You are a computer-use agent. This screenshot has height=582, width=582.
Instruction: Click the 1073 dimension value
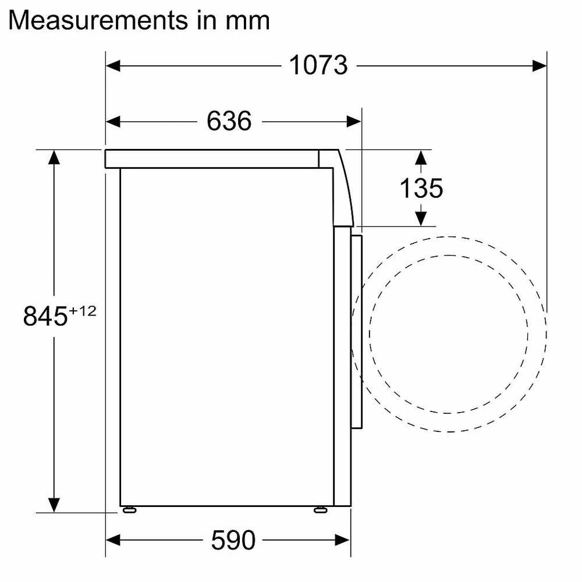tap(318, 65)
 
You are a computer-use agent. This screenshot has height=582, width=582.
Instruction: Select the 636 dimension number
tap(229, 121)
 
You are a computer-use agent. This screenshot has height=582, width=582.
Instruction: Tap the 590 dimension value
tap(233, 540)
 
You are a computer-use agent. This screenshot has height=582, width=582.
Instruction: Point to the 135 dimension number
tap(421, 188)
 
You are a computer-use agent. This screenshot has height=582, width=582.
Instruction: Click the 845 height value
tap(45, 316)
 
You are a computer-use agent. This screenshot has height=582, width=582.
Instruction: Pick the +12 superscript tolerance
tap(83, 311)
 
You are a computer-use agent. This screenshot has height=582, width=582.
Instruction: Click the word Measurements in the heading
tap(98, 20)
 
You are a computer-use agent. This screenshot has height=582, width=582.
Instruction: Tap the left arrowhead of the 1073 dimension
tap(113, 66)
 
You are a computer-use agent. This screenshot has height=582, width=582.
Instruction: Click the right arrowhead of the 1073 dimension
tap(540, 66)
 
